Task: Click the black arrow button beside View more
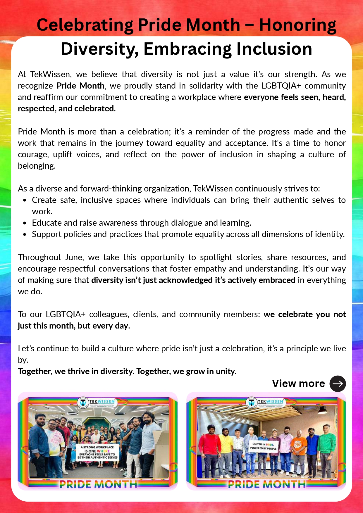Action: tap(338, 384)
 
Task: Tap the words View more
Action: tap(298, 384)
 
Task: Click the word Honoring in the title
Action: tap(297, 25)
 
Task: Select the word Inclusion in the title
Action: tap(274, 49)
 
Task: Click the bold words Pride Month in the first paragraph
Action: tap(80, 86)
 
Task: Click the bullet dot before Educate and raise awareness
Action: tap(25, 223)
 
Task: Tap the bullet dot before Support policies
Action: tap(25, 234)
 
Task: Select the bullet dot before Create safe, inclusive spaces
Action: tap(25, 200)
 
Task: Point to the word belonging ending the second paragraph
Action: tap(37, 166)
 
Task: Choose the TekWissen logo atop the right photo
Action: tap(265, 403)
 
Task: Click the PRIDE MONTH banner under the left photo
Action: tap(98, 484)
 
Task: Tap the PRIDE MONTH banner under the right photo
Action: tap(266, 484)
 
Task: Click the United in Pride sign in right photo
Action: tap(263, 446)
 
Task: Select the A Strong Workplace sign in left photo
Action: tap(97, 452)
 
